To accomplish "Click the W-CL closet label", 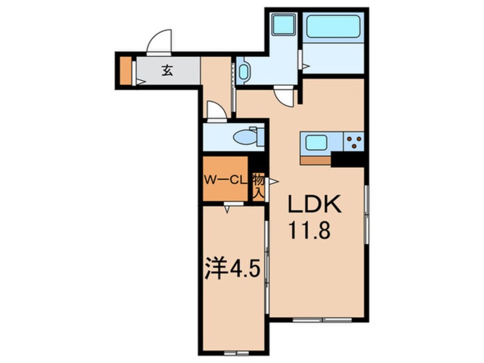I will click(x=225, y=180).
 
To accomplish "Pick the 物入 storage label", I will click(x=257, y=187).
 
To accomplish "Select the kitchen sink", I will click(x=317, y=141).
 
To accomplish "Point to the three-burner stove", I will click(x=354, y=141).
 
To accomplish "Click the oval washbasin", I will click(x=244, y=73).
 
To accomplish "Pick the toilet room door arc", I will click(x=216, y=111).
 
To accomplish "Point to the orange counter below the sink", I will click(x=315, y=160).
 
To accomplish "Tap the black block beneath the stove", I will click(x=348, y=159).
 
